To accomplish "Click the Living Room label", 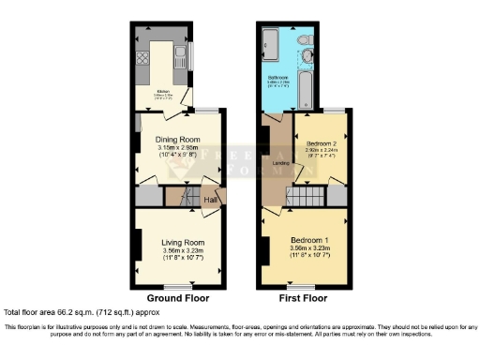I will [x=177, y=241].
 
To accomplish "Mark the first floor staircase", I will [x=305, y=197].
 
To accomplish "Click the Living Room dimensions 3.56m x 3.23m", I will [x=177, y=250].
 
